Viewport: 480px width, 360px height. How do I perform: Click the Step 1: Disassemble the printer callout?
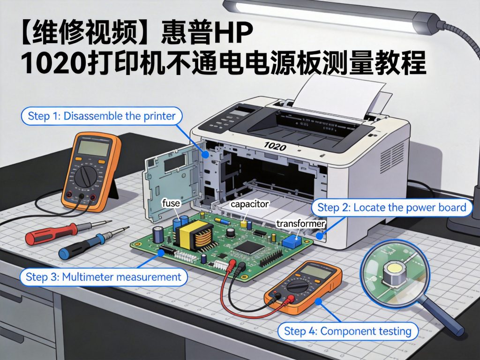pos(102,116)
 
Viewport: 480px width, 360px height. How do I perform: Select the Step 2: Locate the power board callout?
pos(391,207)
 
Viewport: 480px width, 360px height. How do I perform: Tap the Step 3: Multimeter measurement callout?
pos(103,277)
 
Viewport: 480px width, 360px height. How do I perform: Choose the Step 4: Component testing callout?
pos(347,331)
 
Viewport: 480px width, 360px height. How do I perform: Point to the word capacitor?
pos(249,204)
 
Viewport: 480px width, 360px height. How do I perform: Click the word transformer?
pos(300,224)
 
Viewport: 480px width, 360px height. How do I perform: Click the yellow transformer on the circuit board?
pos(193,234)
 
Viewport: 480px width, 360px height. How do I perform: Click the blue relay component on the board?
pos(292,241)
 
